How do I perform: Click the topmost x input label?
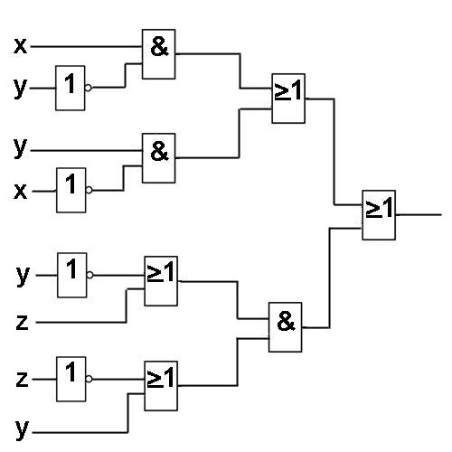21,46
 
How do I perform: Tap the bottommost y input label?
22,429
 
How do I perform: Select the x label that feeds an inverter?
21,191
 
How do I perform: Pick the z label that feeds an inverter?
22,380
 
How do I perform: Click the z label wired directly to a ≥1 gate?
22,323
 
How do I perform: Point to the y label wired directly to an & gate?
20,147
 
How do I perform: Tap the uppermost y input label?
20,88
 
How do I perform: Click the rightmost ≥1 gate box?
379,215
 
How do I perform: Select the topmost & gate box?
159,54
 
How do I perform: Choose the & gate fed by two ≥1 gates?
286,327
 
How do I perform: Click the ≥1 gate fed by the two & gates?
288,99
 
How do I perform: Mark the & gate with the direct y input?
159,158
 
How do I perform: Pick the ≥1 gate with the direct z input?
161,281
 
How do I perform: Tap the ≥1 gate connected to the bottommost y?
161,386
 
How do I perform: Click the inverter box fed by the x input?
71,190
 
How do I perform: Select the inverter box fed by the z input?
71,379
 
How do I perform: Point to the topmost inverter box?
71,88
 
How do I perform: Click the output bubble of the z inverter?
89,379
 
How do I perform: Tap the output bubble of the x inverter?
89,190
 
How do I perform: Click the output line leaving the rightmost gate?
419,215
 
